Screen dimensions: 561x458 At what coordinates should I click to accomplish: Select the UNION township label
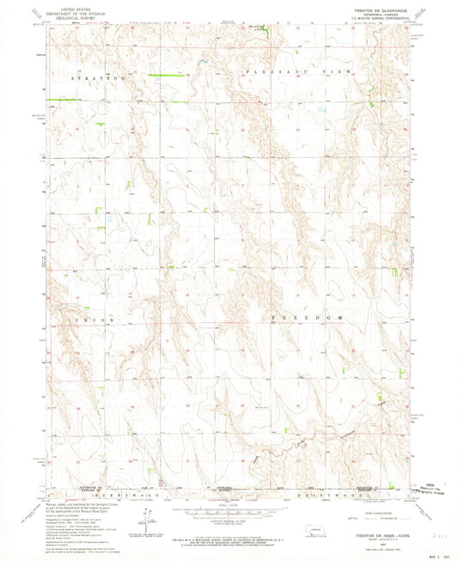pos(95,320)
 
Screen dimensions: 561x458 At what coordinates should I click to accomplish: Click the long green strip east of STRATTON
pos(160,76)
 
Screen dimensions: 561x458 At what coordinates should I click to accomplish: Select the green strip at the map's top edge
pos(266,32)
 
